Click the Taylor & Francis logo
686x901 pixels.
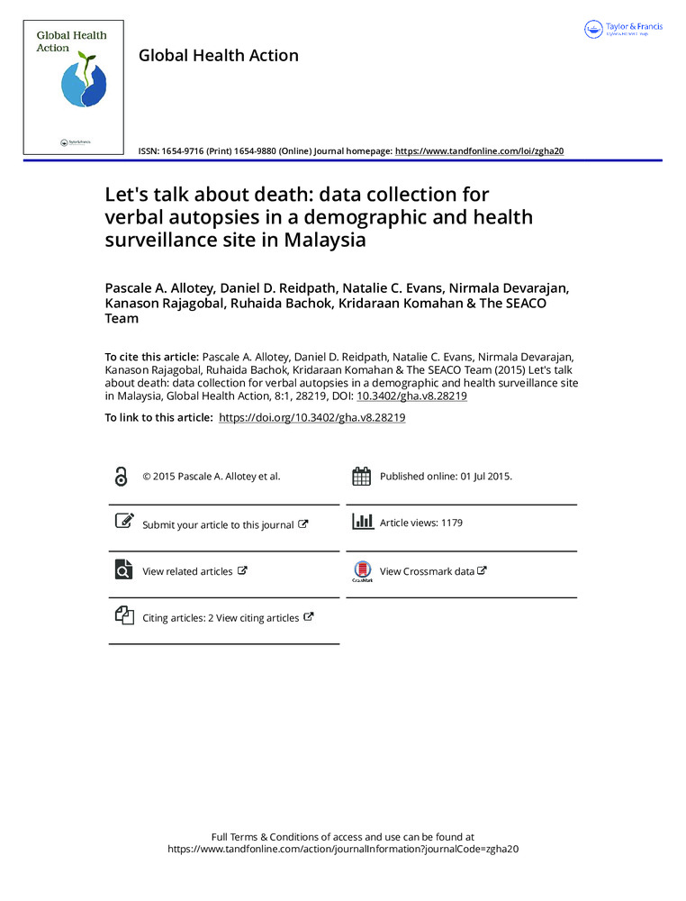(624, 29)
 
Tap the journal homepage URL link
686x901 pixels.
(480, 151)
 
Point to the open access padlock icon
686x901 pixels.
(122, 477)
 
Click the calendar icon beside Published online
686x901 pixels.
(361, 477)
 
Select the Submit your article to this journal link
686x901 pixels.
(217, 524)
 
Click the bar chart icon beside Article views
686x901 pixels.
(361, 522)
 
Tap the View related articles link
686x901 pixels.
(187, 571)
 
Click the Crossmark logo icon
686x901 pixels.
(361, 571)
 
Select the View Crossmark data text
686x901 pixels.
(427, 571)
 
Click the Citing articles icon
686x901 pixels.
(122, 617)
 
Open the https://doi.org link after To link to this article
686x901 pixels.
(312, 418)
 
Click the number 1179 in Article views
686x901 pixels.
(451, 523)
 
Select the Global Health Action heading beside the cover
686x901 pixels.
(218, 56)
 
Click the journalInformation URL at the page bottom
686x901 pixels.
(346, 849)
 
